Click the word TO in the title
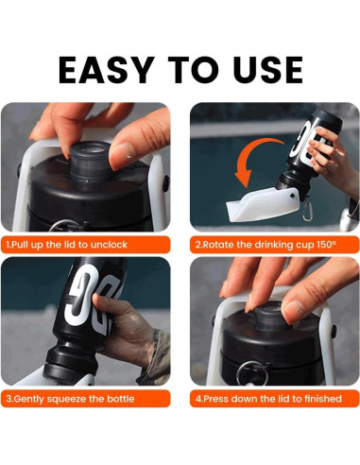click(x=193, y=70)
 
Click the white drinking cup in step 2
click(x=263, y=204)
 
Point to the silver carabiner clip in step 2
click(x=307, y=210)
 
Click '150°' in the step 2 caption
click(x=325, y=245)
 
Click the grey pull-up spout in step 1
click(x=91, y=160)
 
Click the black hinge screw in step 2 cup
click(x=293, y=196)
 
